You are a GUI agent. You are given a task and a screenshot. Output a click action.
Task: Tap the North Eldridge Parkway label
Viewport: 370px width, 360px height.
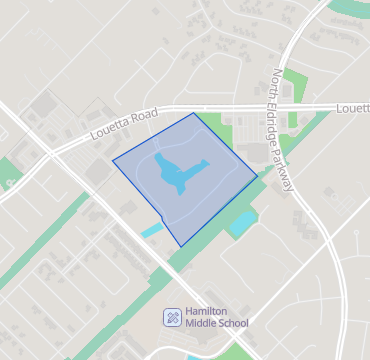[287, 130]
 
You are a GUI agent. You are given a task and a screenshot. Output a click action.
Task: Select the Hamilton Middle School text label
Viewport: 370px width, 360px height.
[216, 317]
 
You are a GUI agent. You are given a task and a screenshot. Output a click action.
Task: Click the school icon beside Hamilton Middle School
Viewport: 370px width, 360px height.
[173, 317]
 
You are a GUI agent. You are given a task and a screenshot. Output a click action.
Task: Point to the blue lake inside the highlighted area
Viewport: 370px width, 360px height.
[174, 176]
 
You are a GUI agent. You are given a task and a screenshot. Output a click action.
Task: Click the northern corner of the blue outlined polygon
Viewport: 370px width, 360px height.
[193, 113]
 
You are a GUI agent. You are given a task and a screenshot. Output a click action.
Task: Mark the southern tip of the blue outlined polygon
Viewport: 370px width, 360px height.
[181, 246]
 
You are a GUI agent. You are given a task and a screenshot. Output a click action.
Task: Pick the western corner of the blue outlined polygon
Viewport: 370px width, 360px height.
[112, 158]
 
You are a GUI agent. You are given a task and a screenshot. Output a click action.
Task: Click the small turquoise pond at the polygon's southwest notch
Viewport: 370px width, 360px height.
[151, 231]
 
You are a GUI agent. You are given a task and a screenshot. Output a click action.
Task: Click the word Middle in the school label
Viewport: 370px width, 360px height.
[204, 324]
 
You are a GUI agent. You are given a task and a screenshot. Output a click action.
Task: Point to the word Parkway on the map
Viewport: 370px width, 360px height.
[292, 169]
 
